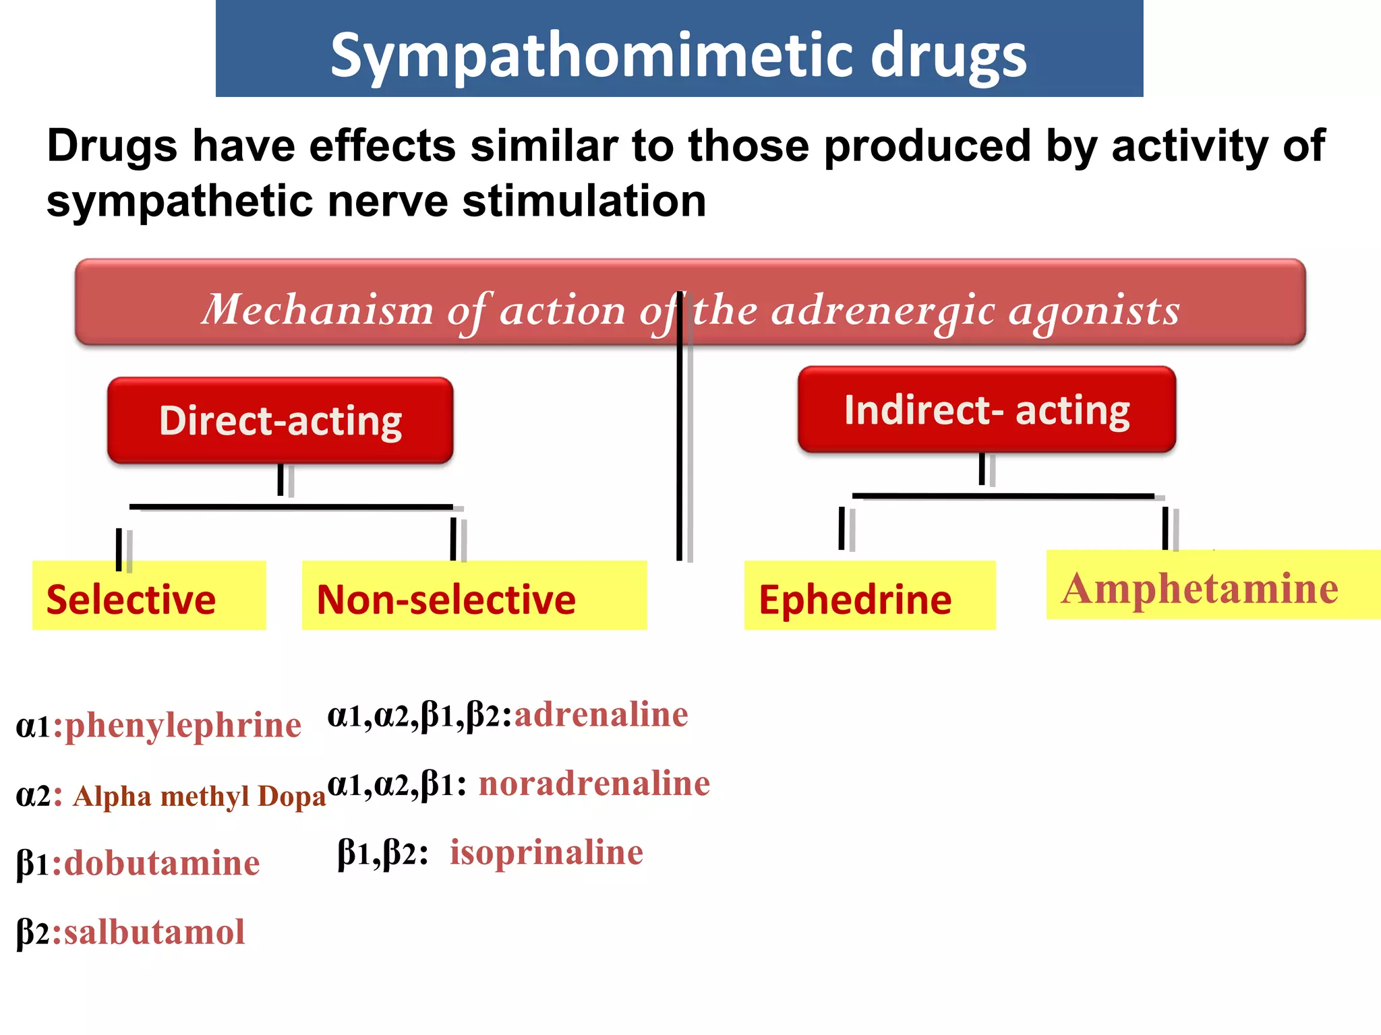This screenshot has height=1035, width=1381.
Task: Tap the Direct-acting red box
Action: (281, 421)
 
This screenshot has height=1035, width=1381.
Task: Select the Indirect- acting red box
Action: (987, 410)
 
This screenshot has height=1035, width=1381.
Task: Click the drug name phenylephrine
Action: (183, 726)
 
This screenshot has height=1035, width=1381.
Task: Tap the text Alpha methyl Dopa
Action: (200, 796)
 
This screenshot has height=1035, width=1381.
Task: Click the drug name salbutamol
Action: (154, 933)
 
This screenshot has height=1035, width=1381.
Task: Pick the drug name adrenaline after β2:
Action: (601, 715)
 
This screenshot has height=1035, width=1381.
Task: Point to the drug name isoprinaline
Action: (546, 853)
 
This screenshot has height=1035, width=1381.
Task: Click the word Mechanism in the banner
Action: (318, 310)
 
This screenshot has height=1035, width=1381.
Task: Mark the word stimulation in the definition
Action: (584, 201)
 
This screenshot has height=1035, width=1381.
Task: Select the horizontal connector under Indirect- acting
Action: (1003, 497)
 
